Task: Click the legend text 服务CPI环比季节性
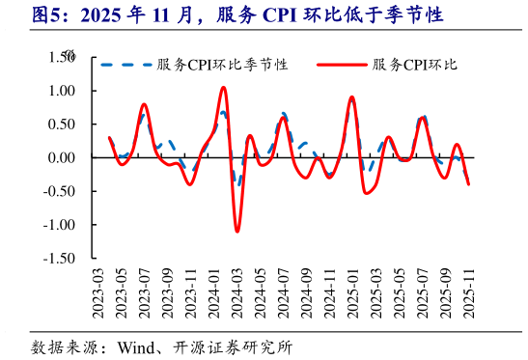click(x=222, y=65)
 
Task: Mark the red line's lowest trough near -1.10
click(x=237, y=231)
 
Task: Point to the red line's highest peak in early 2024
click(x=223, y=88)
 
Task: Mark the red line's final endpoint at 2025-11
click(x=469, y=184)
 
